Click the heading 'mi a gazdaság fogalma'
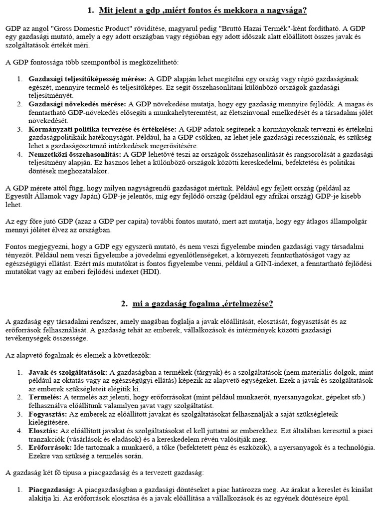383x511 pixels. (196, 304)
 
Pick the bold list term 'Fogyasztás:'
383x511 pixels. (48, 414)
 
